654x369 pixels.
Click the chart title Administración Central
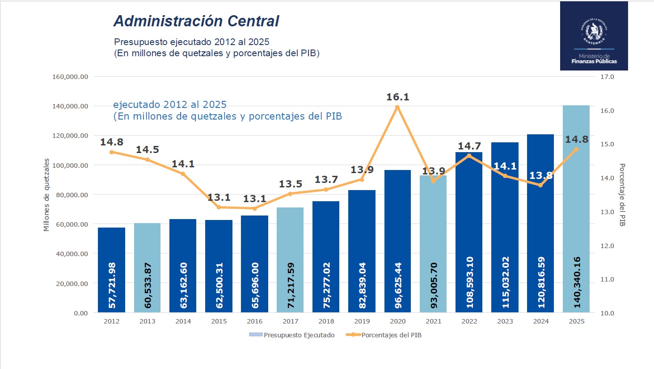point(196,21)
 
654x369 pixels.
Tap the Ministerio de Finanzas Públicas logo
point(594,36)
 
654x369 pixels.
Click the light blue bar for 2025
point(576,210)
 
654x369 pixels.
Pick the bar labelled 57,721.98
point(111,269)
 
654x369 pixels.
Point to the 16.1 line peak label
point(397,97)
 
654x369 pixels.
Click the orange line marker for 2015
point(219,207)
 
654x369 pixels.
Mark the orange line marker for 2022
point(469,156)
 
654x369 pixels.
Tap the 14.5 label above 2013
point(147,149)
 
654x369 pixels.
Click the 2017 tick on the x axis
point(290,321)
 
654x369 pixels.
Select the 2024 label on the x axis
point(540,321)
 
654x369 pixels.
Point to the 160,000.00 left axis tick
point(70,77)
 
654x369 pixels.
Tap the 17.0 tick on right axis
point(607,77)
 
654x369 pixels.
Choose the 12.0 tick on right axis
point(607,246)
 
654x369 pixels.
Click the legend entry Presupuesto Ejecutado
point(299,335)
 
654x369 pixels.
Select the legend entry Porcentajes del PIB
point(391,335)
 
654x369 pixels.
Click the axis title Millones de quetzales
point(46,195)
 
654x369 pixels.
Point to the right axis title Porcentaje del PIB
point(622,195)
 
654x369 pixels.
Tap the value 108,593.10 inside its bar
point(469,282)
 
